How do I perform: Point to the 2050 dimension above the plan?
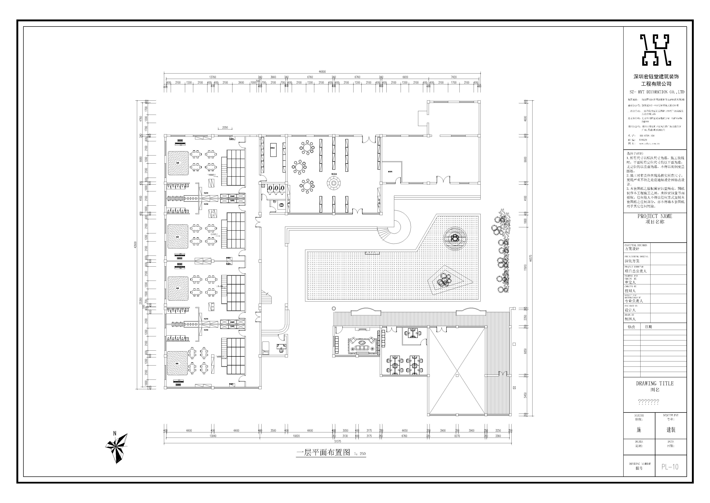pyautogui.click(x=225, y=127)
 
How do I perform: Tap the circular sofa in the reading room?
pyautogui.click(x=334, y=183)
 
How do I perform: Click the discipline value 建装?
pyautogui.click(x=671, y=430)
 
